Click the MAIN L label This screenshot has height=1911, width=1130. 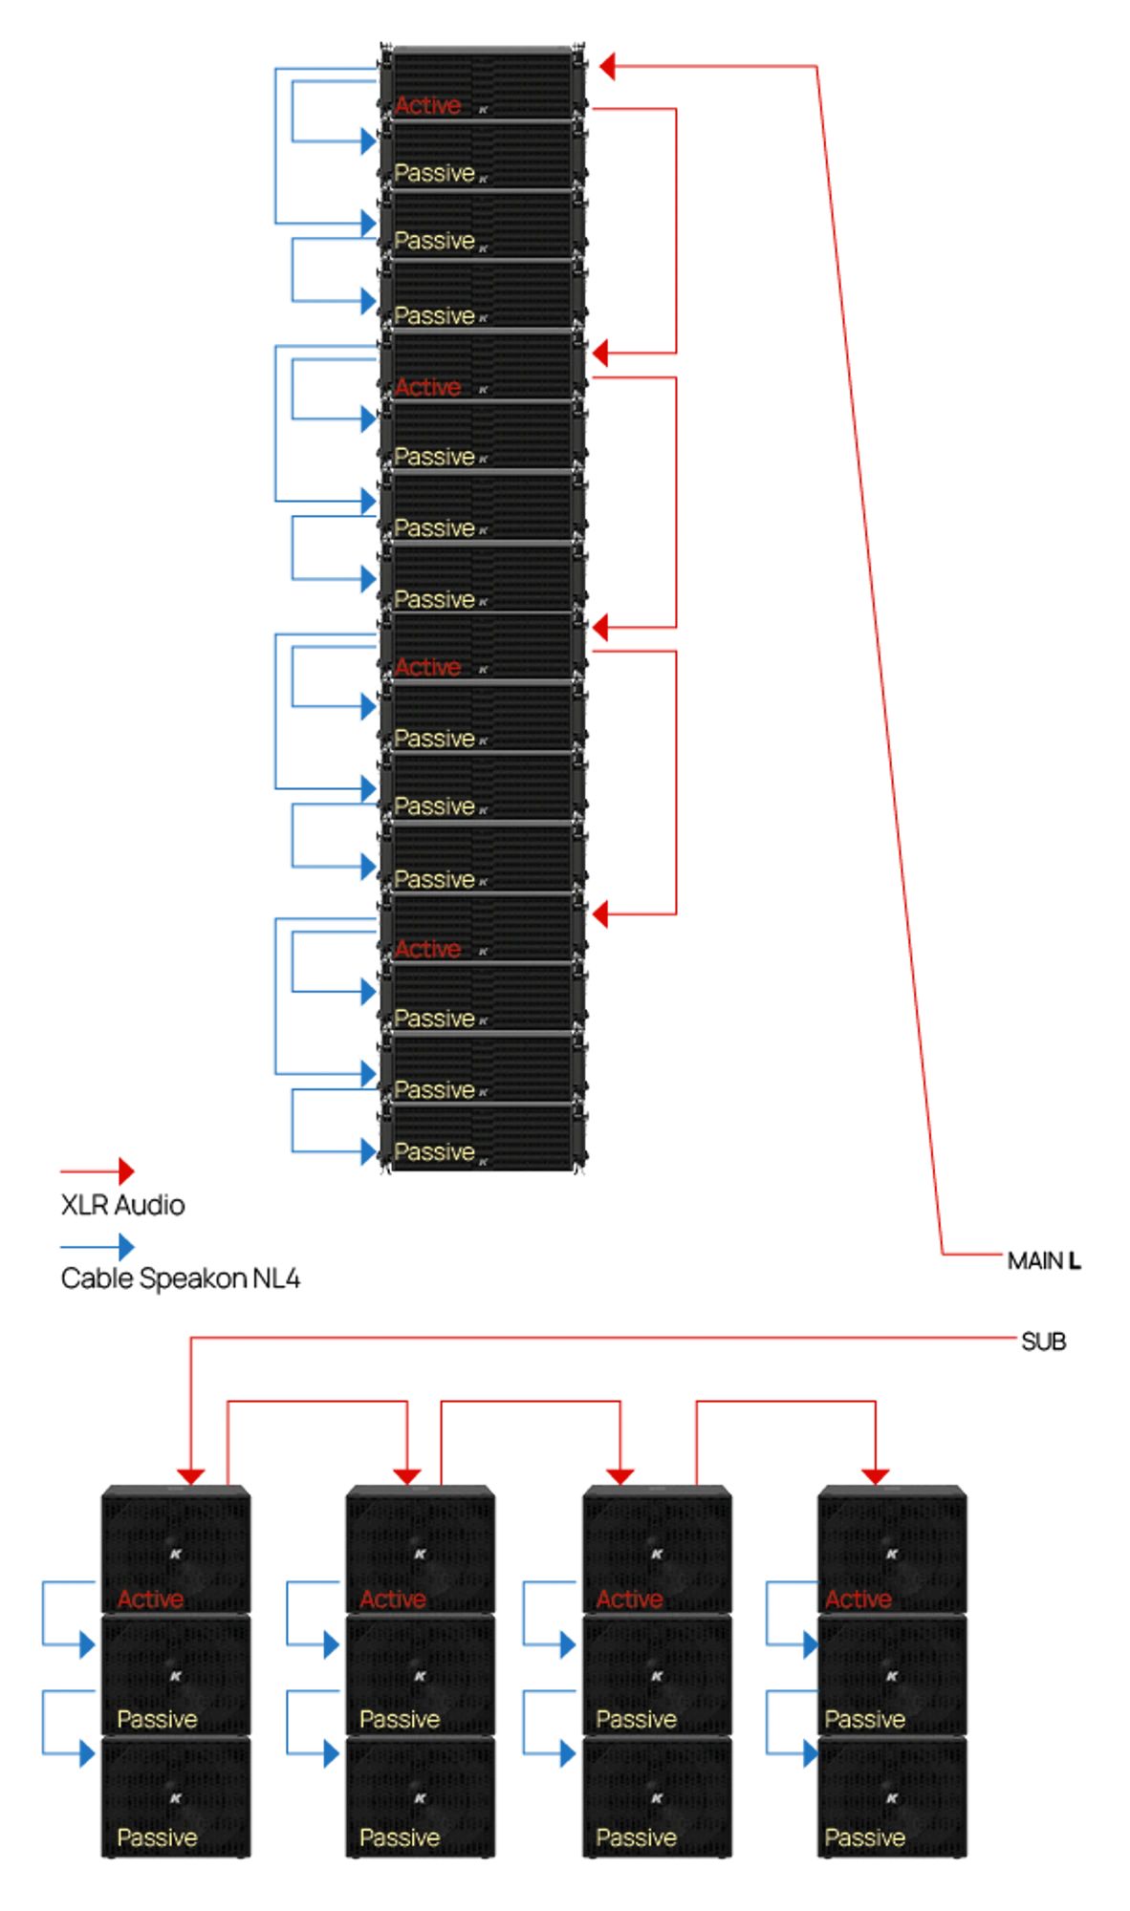pyautogui.click(x=1043, y=1260)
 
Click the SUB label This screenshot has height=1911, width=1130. pyautogui.click(x=1043, y=1342)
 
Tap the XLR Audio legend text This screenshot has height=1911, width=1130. pyautogui.click(x=122, y=1205)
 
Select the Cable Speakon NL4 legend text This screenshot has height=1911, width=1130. pyautogui.click(x=180, y=1278)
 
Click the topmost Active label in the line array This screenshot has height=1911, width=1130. pyautogui.click(x=427, y=105)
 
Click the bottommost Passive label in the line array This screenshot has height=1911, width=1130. pyautogui.click(x=434, y=1151)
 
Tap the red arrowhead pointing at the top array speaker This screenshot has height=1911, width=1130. pyautogui.click(x=606, y=67)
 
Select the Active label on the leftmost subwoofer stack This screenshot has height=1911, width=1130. pyautogui.click(x=150, y=1599)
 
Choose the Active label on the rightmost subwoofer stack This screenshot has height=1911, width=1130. pyautogui.click(x=858, y=1599)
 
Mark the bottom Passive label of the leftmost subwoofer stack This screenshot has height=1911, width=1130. pyautogui.click(x=157, y=1836)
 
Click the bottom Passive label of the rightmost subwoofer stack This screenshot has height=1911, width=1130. pyautogui.click(x=864, y=1836)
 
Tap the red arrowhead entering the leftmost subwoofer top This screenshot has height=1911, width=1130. pyautogui.click(x=191, y=1476)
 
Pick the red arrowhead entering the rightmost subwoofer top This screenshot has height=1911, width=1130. pyautogui.click(x=876, y=1476)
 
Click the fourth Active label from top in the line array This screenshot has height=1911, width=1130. pyautogui.click(x=427, y=949)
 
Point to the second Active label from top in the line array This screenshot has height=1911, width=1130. pyautogui.click(x=427, y=387)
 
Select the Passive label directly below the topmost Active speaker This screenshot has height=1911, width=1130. pyautogui.click(x=434, y=173)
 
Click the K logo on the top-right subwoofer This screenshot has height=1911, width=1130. pyautogui.click(x=891, y=1555)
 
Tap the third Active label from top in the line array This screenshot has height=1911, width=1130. pyautogui.click(x=427, y=667)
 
